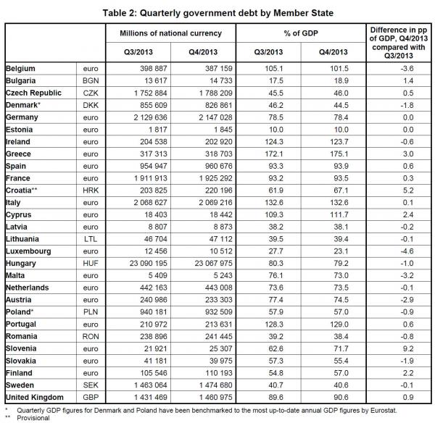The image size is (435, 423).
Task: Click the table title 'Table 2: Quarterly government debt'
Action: tap(217, 10)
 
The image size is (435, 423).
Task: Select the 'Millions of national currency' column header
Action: tap(171, 33)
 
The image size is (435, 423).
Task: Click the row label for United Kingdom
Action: tap(36, 397)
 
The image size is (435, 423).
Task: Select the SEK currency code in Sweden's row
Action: tap(89, 385)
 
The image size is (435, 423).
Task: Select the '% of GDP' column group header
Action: tap(299, 33)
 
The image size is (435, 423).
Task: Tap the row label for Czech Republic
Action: tap(33, 93)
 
